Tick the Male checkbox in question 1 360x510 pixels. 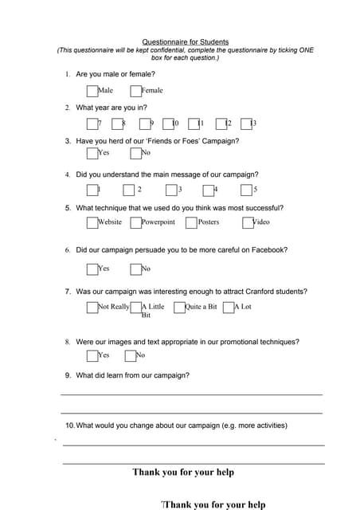[92, 91]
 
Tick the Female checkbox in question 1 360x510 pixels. [135, 91]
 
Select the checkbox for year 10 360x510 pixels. [168, 124]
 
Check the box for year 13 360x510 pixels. [246, 124]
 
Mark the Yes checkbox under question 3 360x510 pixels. [92, 153]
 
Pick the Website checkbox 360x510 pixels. [92, 222]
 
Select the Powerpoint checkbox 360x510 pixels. [135, 222]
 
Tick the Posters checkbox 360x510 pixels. [192, 222]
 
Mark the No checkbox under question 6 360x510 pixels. [135, 269]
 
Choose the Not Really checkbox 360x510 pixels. [92, 307]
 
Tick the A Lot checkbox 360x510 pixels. [229, 307]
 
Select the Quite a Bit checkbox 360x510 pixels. [179, 307]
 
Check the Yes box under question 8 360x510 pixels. [92, 355]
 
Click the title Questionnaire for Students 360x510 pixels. [185, 41]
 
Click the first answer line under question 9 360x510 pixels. [191, 394]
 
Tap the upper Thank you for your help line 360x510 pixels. [183, 473]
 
